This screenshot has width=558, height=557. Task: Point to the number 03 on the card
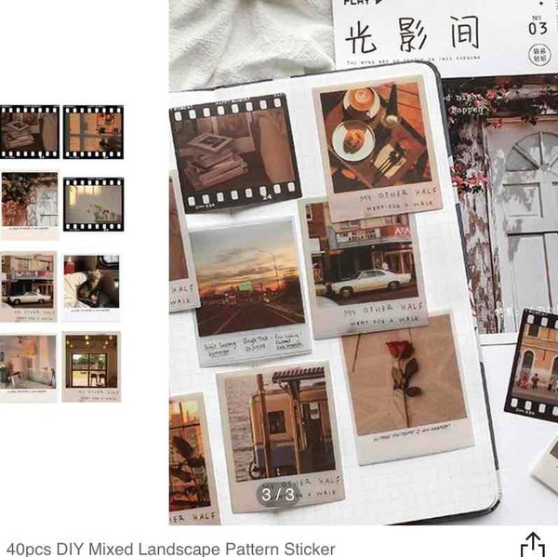538,28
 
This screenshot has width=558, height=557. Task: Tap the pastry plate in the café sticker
353,139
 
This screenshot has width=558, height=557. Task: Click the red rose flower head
398,351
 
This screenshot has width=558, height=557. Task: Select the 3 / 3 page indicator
277,494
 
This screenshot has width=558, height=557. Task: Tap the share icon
532,544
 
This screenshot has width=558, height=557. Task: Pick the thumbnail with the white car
29,285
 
